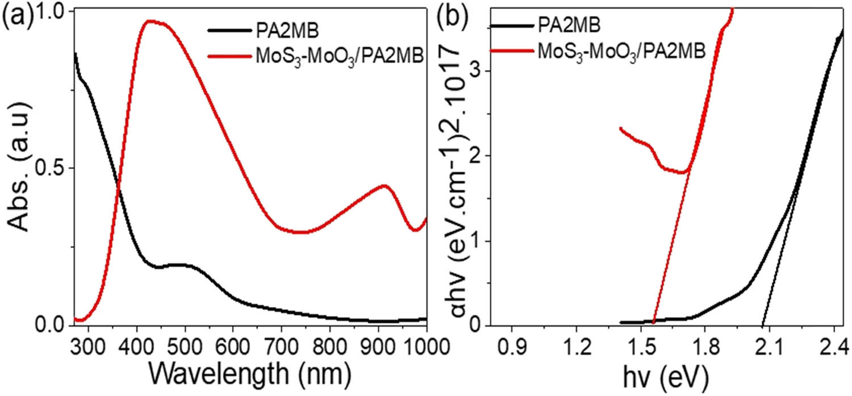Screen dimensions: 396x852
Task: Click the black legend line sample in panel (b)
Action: point(511,26)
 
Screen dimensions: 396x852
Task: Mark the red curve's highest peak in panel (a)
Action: point(149,21)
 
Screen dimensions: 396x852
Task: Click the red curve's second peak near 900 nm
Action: point(385,185)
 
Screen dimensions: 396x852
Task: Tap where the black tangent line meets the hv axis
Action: point(762,326)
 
